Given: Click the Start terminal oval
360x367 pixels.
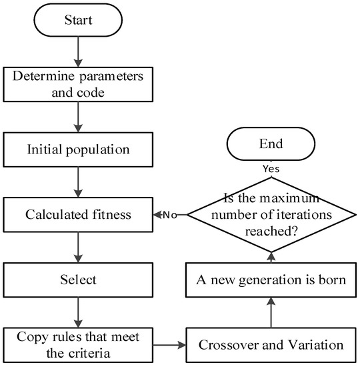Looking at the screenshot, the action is (x=78, y=20).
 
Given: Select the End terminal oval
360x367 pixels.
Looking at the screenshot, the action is (x=271, y=143).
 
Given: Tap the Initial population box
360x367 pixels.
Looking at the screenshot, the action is (x=78, y=149).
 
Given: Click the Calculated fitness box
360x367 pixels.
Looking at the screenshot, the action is (x=78, y=215).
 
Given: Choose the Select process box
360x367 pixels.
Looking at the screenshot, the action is (x=78, y=280).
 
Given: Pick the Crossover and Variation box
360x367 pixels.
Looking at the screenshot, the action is (x=271, y=345).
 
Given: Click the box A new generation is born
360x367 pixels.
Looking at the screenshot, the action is (x=271, y=280).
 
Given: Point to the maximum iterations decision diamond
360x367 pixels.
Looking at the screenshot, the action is (x=271, y=215).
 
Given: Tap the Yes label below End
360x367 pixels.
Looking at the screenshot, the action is (x=271, y=169).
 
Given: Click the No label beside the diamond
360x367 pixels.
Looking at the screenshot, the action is (x=170, y=215).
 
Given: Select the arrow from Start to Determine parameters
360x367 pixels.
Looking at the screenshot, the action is (x=78, y=52).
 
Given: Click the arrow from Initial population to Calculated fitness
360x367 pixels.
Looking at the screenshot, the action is (x=78, y=182).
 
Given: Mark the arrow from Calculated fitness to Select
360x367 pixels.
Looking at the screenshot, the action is (x=78, y=248).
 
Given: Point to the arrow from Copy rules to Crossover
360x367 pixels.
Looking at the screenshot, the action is (x=169, y=345).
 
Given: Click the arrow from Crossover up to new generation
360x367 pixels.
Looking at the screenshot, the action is (x=271, y=313).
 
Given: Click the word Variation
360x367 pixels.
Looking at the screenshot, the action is (x=315, y=345).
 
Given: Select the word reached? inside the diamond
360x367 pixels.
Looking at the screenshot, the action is (x=271, y=232).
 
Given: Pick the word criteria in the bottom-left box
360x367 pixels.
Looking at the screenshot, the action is (x=90, y=354).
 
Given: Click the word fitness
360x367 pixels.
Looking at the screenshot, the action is (x=111, y=214).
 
